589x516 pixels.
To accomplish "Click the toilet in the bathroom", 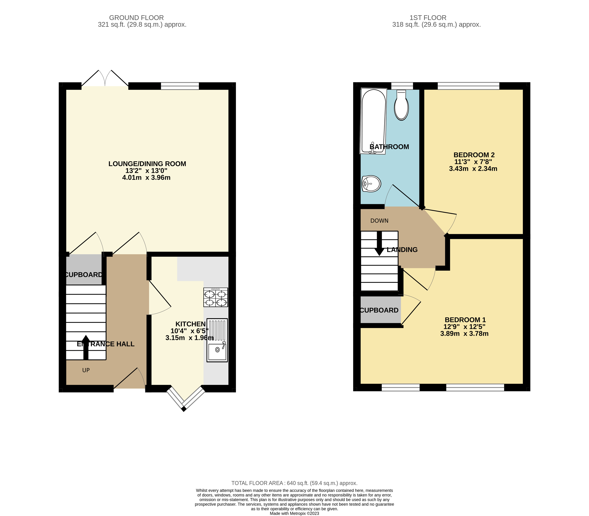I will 401,105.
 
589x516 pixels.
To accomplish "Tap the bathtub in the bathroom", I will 373,121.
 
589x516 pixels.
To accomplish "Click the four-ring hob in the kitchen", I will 216,297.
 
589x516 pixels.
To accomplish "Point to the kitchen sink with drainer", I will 217,340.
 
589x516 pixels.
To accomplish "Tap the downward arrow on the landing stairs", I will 379,244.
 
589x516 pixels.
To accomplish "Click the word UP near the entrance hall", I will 86,370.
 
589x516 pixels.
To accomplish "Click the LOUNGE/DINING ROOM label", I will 147,164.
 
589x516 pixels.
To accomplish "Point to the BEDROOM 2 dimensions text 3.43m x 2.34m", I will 473,169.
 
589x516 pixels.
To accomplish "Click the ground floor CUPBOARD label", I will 83,275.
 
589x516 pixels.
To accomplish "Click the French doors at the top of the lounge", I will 105,79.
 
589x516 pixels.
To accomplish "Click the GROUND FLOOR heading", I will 136,18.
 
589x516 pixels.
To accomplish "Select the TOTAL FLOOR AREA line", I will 294,483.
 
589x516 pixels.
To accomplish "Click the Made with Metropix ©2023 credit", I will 294,513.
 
